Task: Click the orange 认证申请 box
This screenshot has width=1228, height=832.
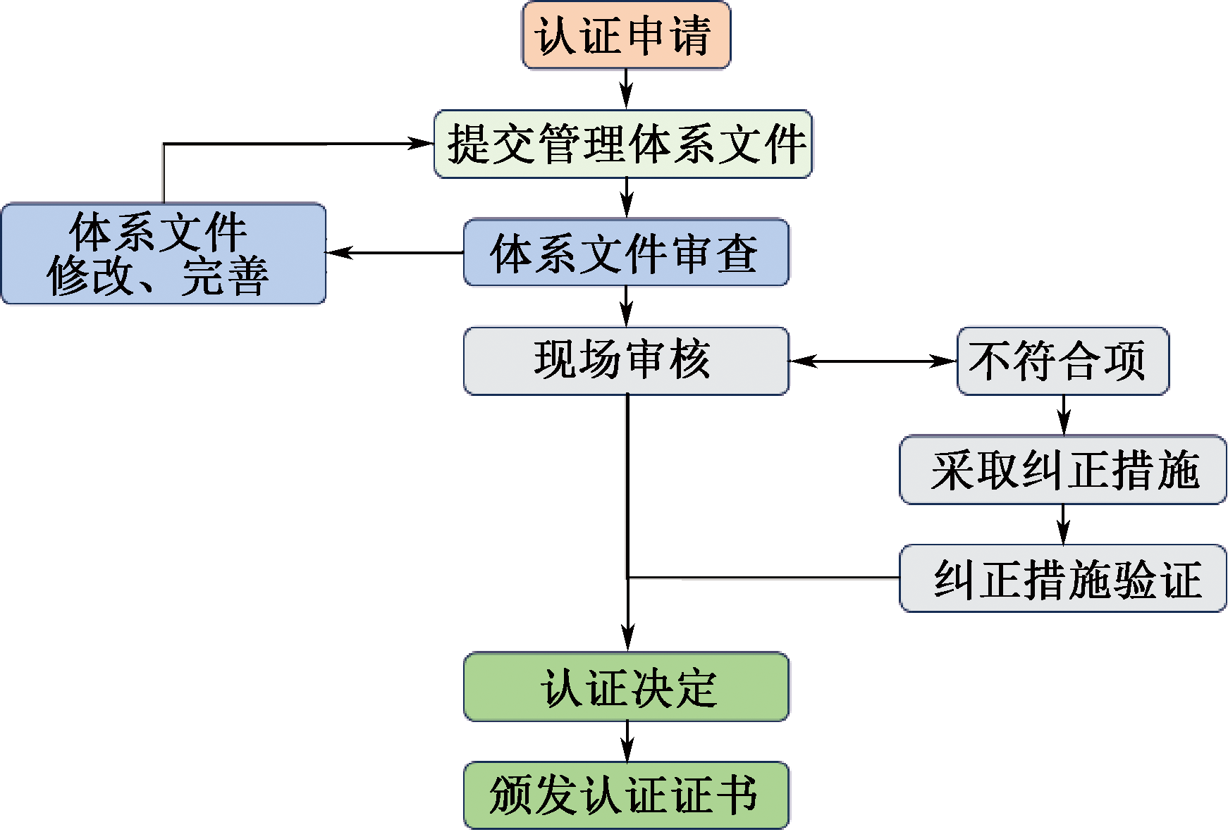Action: coord(626,35)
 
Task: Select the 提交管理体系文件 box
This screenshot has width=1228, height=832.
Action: coord(623,144)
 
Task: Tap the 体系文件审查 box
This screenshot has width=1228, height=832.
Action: coord(626,252)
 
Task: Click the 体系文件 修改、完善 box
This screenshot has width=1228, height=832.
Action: coord(164,254)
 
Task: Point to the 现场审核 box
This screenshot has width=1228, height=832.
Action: coord(626,361)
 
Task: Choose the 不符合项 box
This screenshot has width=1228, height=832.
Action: coord(1062,361)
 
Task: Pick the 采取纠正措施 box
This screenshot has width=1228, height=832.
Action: coord(1063,469)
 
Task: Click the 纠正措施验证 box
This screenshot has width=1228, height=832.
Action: coord(1063,578)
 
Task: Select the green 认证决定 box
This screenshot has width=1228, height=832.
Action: coord(626,687)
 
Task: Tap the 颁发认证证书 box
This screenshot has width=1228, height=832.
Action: coord(626,795)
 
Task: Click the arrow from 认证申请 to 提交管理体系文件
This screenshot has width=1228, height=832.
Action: coord(627,89)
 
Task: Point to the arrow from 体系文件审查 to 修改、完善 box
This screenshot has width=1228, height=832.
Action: coord(395,252)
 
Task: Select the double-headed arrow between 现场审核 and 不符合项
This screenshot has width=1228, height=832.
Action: coord(873,361)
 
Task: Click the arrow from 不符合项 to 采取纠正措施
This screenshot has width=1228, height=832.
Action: coord(1064,415)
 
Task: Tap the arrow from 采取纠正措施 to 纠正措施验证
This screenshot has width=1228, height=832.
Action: coord(1064,524)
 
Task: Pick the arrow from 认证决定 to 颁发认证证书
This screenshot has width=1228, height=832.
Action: coord(627,741)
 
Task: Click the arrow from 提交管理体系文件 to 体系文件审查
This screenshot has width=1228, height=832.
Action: coord(627,198)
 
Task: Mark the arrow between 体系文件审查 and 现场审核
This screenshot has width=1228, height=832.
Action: coord(627,306)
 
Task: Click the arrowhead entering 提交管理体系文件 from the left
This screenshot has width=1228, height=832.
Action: coord(423,144)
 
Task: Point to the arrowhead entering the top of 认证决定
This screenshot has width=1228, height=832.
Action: coord(627,638)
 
